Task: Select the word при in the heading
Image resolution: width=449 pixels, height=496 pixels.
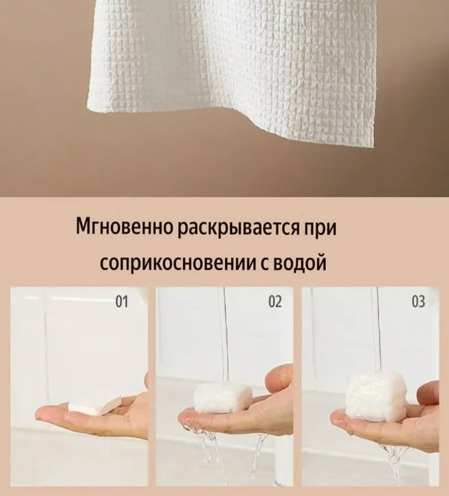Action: (x=320, y=229)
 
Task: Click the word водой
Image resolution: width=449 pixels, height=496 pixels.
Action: (x=300, y=261)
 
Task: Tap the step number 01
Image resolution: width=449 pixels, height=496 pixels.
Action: (x=121, y=302)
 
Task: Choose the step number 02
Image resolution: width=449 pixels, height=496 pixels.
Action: (x=275, y=302)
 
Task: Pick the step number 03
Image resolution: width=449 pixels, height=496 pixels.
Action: (x=418, y=302)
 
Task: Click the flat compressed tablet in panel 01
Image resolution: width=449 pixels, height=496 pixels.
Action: (x=95, y=404)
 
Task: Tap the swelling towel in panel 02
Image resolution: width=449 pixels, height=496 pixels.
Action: (x=223, y=398)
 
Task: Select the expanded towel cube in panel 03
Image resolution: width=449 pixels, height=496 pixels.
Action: (x=373, y=396)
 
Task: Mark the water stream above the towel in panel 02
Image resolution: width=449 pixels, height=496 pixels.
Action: (x=224, y=335)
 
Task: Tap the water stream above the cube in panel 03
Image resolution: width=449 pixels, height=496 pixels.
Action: (x=375, y=330)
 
